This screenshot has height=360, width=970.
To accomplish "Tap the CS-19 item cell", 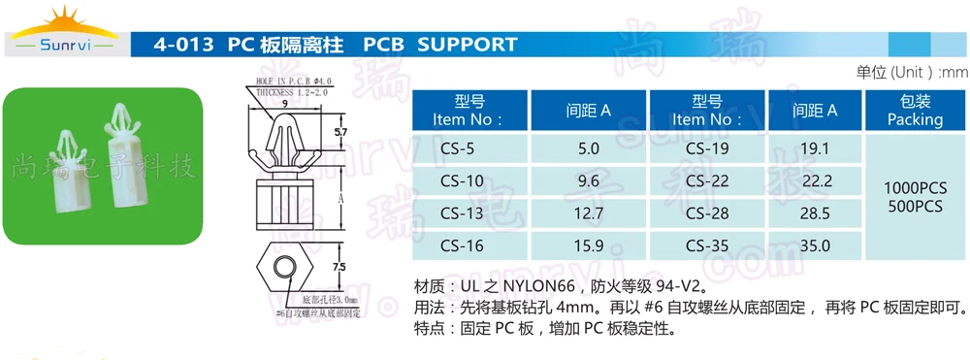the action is pos(707,148).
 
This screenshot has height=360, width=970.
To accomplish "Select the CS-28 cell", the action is pos(707,213).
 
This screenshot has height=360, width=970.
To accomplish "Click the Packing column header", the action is pos(915,111).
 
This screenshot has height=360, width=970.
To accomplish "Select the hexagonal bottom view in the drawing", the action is pos(283,266).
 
